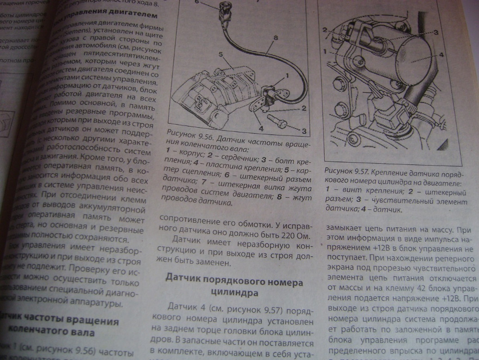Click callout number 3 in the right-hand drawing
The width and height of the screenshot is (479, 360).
tap(435, 33)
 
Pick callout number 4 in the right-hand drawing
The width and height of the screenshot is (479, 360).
tap(441, 55)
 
